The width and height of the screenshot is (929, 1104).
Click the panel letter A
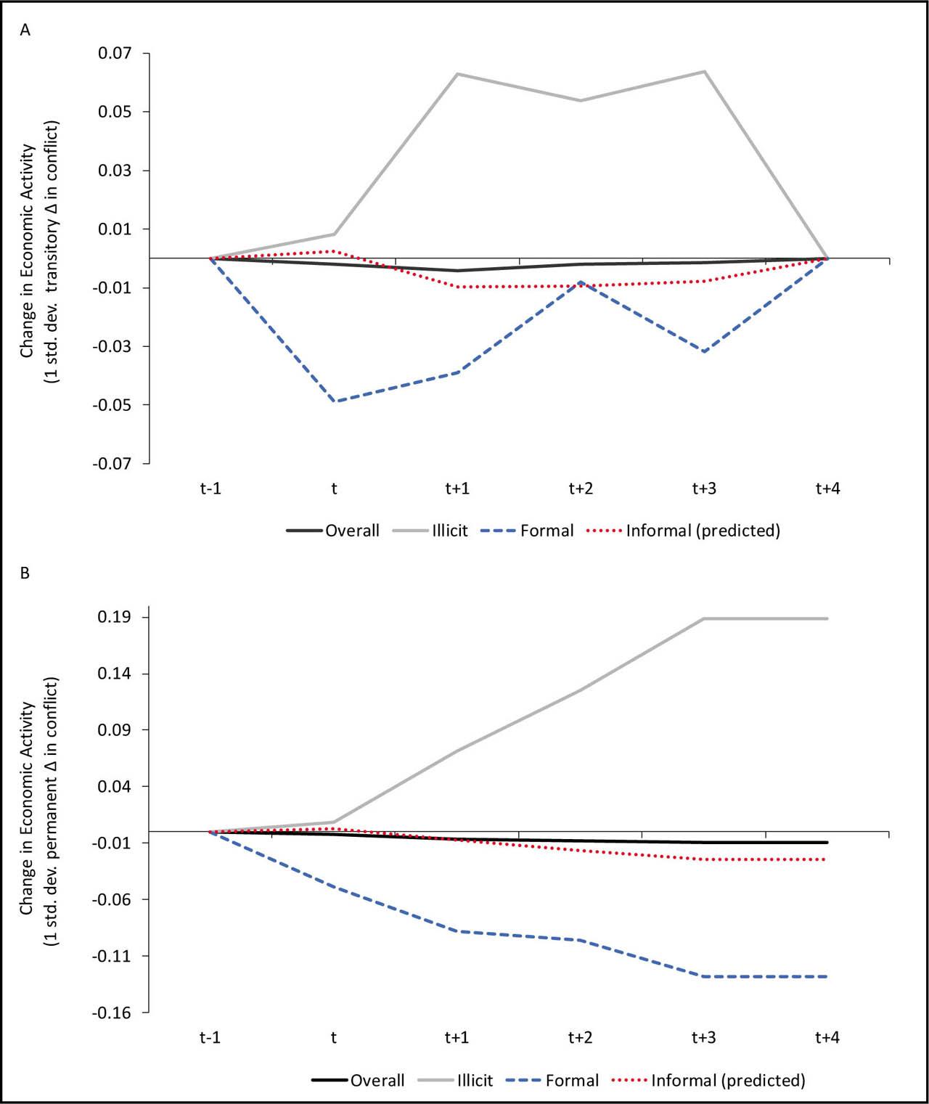click(x=25, y=30)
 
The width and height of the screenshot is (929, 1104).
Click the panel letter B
click(x=25, y=573)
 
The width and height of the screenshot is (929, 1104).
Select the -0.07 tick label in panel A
click(x=112, y=464)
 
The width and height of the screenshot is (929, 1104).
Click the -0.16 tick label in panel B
click(x=112, y=1013)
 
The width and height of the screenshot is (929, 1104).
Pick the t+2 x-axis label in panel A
click(x=581, y=488)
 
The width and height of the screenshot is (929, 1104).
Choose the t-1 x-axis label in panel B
click(x=210, y=1037)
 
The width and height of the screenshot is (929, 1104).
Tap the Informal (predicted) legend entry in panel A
click(x=684, y=531)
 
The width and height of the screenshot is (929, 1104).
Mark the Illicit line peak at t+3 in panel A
click(x=704, y=71)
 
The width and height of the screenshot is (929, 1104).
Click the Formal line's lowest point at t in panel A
click(x=334, y=401)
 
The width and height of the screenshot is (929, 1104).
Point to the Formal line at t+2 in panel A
click(x=581, y=282)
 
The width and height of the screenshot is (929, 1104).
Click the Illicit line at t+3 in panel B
click(x=704, y=618)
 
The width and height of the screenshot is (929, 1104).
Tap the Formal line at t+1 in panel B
click(x=457, y=931)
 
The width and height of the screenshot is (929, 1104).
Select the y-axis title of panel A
click(x=39, y=252)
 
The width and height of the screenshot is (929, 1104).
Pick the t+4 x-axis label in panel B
click(x=827, y=1037)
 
